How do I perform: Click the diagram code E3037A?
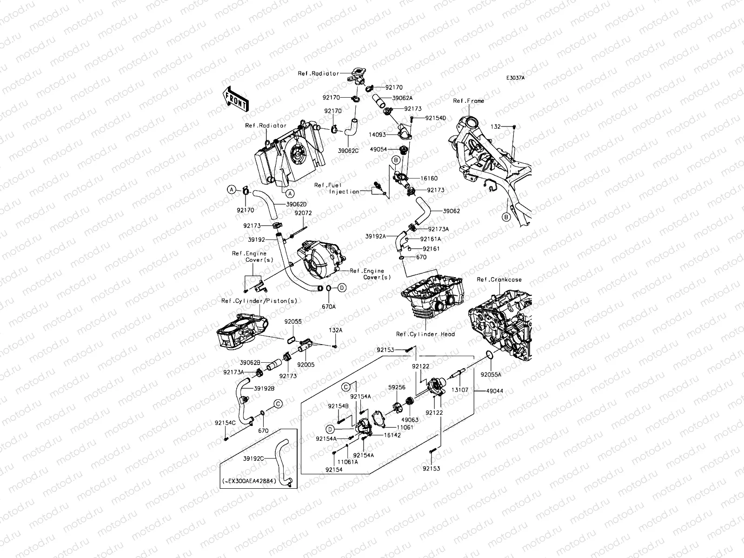pos(515,78)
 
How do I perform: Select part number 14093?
pos(377,134)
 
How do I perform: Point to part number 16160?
pos(429,178)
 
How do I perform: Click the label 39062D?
pos(297,204)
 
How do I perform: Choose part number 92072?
pos(303,213)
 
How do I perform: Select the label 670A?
pos(329,306)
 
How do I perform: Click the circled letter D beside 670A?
pos(342,288)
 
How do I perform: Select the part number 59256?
pos(397,386)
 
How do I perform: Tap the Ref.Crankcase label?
pos(499,279)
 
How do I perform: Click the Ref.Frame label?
pos(468,101)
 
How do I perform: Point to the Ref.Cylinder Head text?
pos(425,334)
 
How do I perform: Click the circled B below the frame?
pos(506,217)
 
